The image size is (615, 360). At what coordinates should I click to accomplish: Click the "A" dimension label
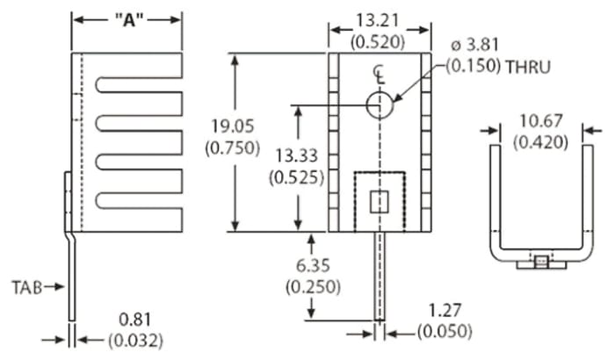[x=127, y=19]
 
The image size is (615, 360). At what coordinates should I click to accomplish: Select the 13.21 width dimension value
[x=380, y=19]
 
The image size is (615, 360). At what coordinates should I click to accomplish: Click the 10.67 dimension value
[x=541, y=122]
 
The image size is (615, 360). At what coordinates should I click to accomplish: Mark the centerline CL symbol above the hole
[x=379, y=75]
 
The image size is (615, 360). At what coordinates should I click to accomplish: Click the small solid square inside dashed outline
[x=379, y=201]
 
